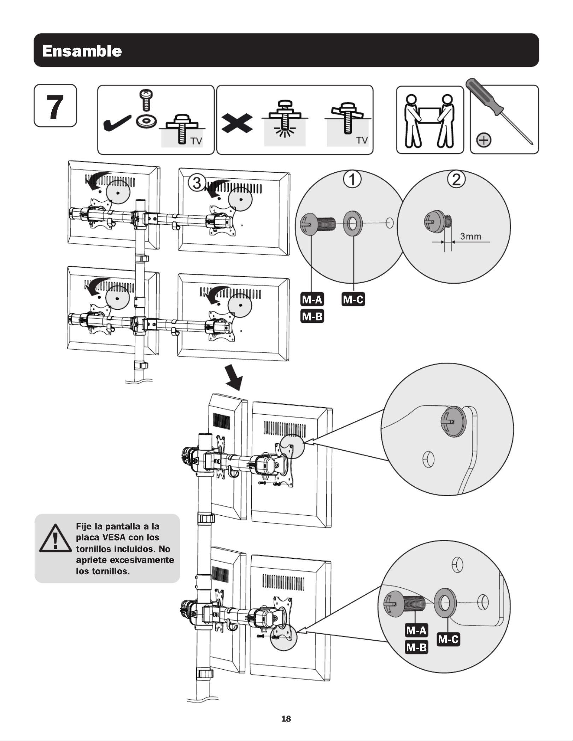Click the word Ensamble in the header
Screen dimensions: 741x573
tap(82, 51)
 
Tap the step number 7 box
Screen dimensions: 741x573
tap(55, 106)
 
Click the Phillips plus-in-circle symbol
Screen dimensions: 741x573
tap(484, 140)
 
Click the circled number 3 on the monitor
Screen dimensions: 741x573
tap(197, 183)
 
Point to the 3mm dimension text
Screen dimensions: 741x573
tap(470, 236)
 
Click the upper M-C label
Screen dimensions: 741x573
tap(353, 300)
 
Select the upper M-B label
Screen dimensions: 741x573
tap(312, 316)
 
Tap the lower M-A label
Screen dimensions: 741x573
tap(416, 630)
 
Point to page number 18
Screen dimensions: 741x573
tap(286, 718)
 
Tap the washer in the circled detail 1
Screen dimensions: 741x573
tap(352, 224)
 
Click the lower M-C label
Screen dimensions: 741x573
tap(448, 639)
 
